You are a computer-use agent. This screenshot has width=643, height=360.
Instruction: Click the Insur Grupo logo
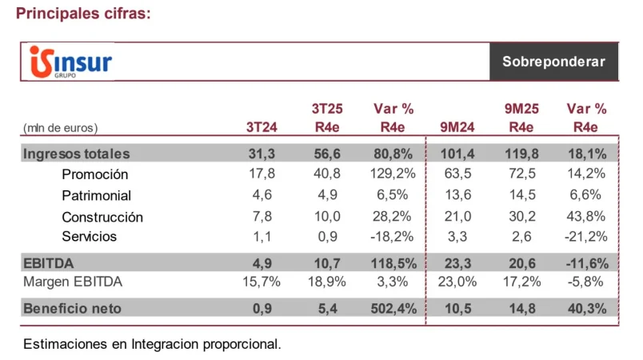pyautogui.click(x=70, y=62)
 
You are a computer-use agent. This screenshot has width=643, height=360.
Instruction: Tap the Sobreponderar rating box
pyautogui.click(x=553, y=62)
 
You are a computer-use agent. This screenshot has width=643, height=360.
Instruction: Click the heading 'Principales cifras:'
pyautogui.click(x=83, y=14)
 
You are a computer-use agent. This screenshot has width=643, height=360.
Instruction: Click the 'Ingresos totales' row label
pyautogui.click(x=77, y=154)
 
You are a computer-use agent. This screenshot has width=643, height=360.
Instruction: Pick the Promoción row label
pyautogui.click(x=94, y=174)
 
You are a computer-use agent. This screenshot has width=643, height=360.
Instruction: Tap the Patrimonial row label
pyautogui.click(x=96, y=195)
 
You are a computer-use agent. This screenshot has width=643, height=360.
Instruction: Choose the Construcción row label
pyautogui.click(x=102, y=217)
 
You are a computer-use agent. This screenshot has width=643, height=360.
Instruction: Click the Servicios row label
pyautogui.click(x=89, y=237)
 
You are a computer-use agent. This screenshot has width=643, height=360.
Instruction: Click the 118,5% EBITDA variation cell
pyautogui.click(x=390, y=261)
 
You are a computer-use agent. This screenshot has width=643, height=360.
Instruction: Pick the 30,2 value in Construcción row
pyautogui.click(x=521, y=217)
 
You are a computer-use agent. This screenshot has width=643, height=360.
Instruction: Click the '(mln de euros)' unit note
pyautogui.click(x=61, y=127)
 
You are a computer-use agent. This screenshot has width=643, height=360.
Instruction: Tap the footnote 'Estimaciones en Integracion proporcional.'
pyautogui.click(x=153, y=344)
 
